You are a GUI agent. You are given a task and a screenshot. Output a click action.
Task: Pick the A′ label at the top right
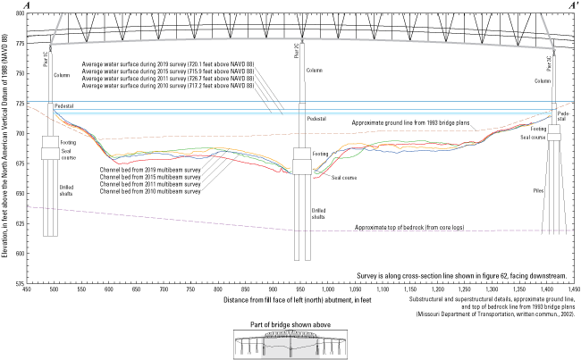point(572,5)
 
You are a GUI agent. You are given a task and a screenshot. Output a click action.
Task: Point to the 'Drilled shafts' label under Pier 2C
point(307,213)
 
